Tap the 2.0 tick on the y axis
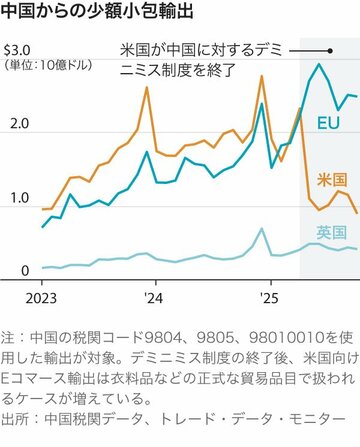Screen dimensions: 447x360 pos(14,124)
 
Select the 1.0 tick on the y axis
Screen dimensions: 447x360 pos(14,198)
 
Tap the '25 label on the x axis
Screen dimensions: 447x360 pos(267,297)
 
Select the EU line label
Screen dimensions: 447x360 pos(328,123)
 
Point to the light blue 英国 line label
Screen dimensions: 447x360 pos(330,232)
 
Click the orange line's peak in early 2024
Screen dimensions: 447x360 pos(147,88)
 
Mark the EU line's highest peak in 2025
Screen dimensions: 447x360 pos(319,65)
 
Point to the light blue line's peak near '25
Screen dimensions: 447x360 pos(261,229)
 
